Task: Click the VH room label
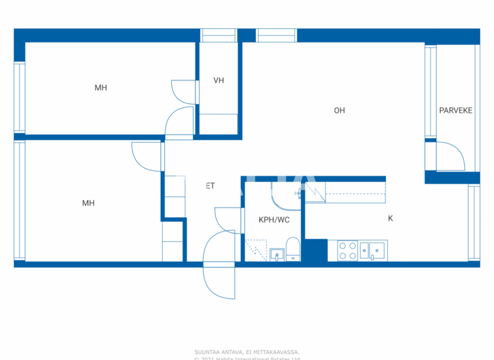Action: click(x=219, y=80)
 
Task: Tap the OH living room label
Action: click(x=339, y=111)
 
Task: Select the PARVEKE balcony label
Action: click(x=455, y=111)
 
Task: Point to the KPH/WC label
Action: click(x=274, y=220)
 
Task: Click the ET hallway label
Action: click(x=210, y=186)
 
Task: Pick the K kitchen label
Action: click(x=390, y=219)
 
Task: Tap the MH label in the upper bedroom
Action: click(x=101, y=88)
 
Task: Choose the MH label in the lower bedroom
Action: click(x=88, y=203)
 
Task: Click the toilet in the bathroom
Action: click(x=292, y=249)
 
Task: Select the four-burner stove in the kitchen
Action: click(x=348, y=250)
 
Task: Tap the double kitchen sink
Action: click(x=373, y=250)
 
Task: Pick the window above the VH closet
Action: click(x=218, y=35)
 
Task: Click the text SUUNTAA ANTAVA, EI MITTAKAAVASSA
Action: click(x=247, y=352)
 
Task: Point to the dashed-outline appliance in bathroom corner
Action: click(x=255, y=250)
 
